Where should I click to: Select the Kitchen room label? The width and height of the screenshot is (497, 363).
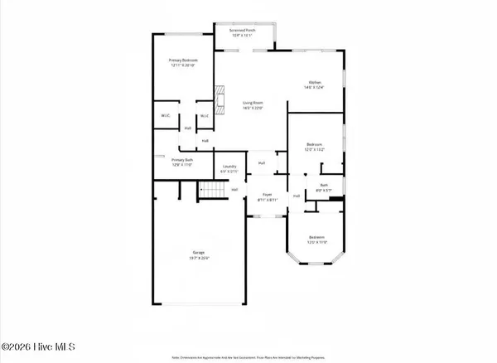point(315,82)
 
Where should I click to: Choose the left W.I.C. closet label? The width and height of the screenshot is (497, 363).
point(165,116)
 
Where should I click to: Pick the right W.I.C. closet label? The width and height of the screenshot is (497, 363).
point(203,116)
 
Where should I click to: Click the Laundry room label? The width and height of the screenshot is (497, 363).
point(230,167)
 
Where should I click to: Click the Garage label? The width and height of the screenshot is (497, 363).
point(199,252)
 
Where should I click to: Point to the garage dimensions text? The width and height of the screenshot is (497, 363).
point(199,258)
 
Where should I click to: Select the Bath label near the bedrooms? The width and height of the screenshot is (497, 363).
point(325,186)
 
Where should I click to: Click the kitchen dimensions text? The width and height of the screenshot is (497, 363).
point(315,87)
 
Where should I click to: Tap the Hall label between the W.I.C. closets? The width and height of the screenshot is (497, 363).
point(188,128)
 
